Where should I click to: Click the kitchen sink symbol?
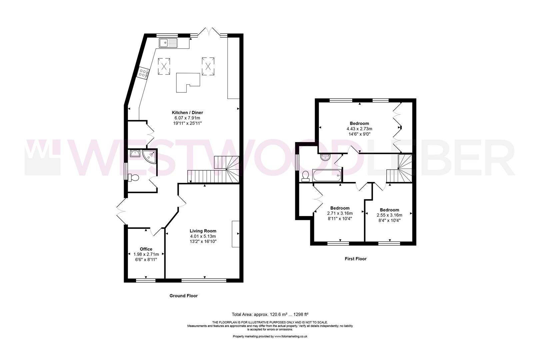tap(168, 43)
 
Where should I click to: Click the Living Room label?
tap(203, 231)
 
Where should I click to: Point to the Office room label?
tap(146, 249)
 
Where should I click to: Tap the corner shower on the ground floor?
tap(149, 155)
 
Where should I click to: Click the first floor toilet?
tap(305, 176)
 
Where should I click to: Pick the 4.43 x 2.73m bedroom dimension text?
tap(359, 129)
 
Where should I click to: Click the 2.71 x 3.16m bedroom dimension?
tap(340, 213)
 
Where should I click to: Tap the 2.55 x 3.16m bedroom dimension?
tap(389, 215)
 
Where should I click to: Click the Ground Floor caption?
tap(183, 296)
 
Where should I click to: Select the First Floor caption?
tap(355, 259)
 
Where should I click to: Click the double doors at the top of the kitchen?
tap(209, 32)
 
